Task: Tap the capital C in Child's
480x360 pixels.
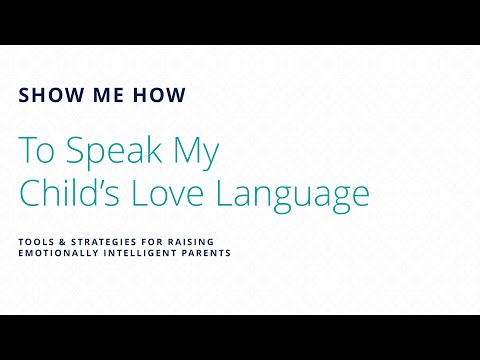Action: pyautogui.click(x=31, y=192)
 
